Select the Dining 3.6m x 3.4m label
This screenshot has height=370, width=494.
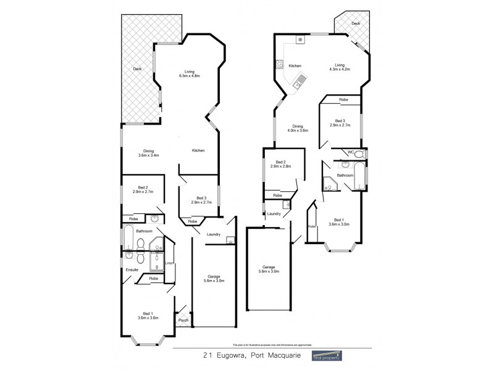[148, 153]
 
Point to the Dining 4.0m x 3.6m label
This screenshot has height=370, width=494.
[297, 128]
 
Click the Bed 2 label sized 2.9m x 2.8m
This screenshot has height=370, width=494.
[280, 164]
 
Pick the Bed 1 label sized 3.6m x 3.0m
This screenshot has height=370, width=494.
[338, 222]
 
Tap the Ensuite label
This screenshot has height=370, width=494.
[132, 269]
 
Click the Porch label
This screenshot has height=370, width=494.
[183, 320]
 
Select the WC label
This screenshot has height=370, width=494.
[350, 152]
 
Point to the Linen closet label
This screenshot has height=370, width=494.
[169, 265]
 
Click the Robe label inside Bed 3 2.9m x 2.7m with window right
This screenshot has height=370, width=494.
[343, 99]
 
